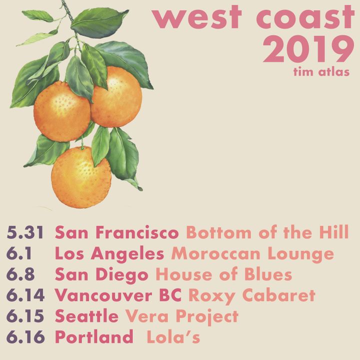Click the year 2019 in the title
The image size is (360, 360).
(308, 49)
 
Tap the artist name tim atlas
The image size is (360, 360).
(321, 72)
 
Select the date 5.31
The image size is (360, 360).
(25, 232)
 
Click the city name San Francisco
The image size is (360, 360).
(117, 232)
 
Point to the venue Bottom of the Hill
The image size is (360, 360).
(267, 232)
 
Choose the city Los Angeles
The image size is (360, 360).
(109, 253)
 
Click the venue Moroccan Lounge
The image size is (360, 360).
(252, 253)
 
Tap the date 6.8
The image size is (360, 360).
(20, 274)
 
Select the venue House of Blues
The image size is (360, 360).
(224, 274)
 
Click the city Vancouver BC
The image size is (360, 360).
(118, 295)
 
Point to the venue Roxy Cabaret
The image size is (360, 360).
(252, 295)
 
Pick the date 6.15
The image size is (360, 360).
(25, 316)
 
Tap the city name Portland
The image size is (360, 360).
(94, 336)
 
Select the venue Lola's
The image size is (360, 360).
(173, 336)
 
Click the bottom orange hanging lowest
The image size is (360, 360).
(81, 177)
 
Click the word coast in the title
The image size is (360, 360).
(305, 17)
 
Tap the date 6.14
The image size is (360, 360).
(25, 295)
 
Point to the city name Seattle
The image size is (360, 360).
(87, 316)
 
